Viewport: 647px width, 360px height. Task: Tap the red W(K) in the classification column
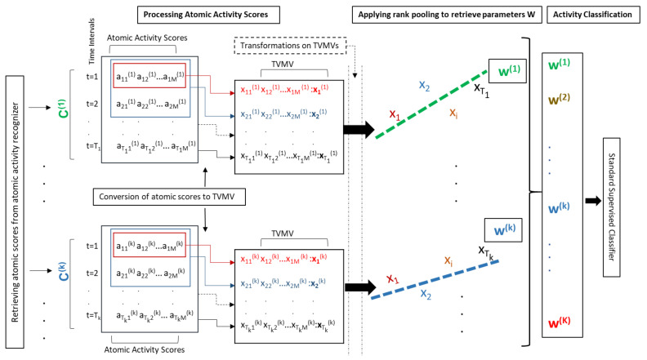point(564,324)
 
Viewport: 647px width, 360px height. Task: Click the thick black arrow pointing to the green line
point(359,130)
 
